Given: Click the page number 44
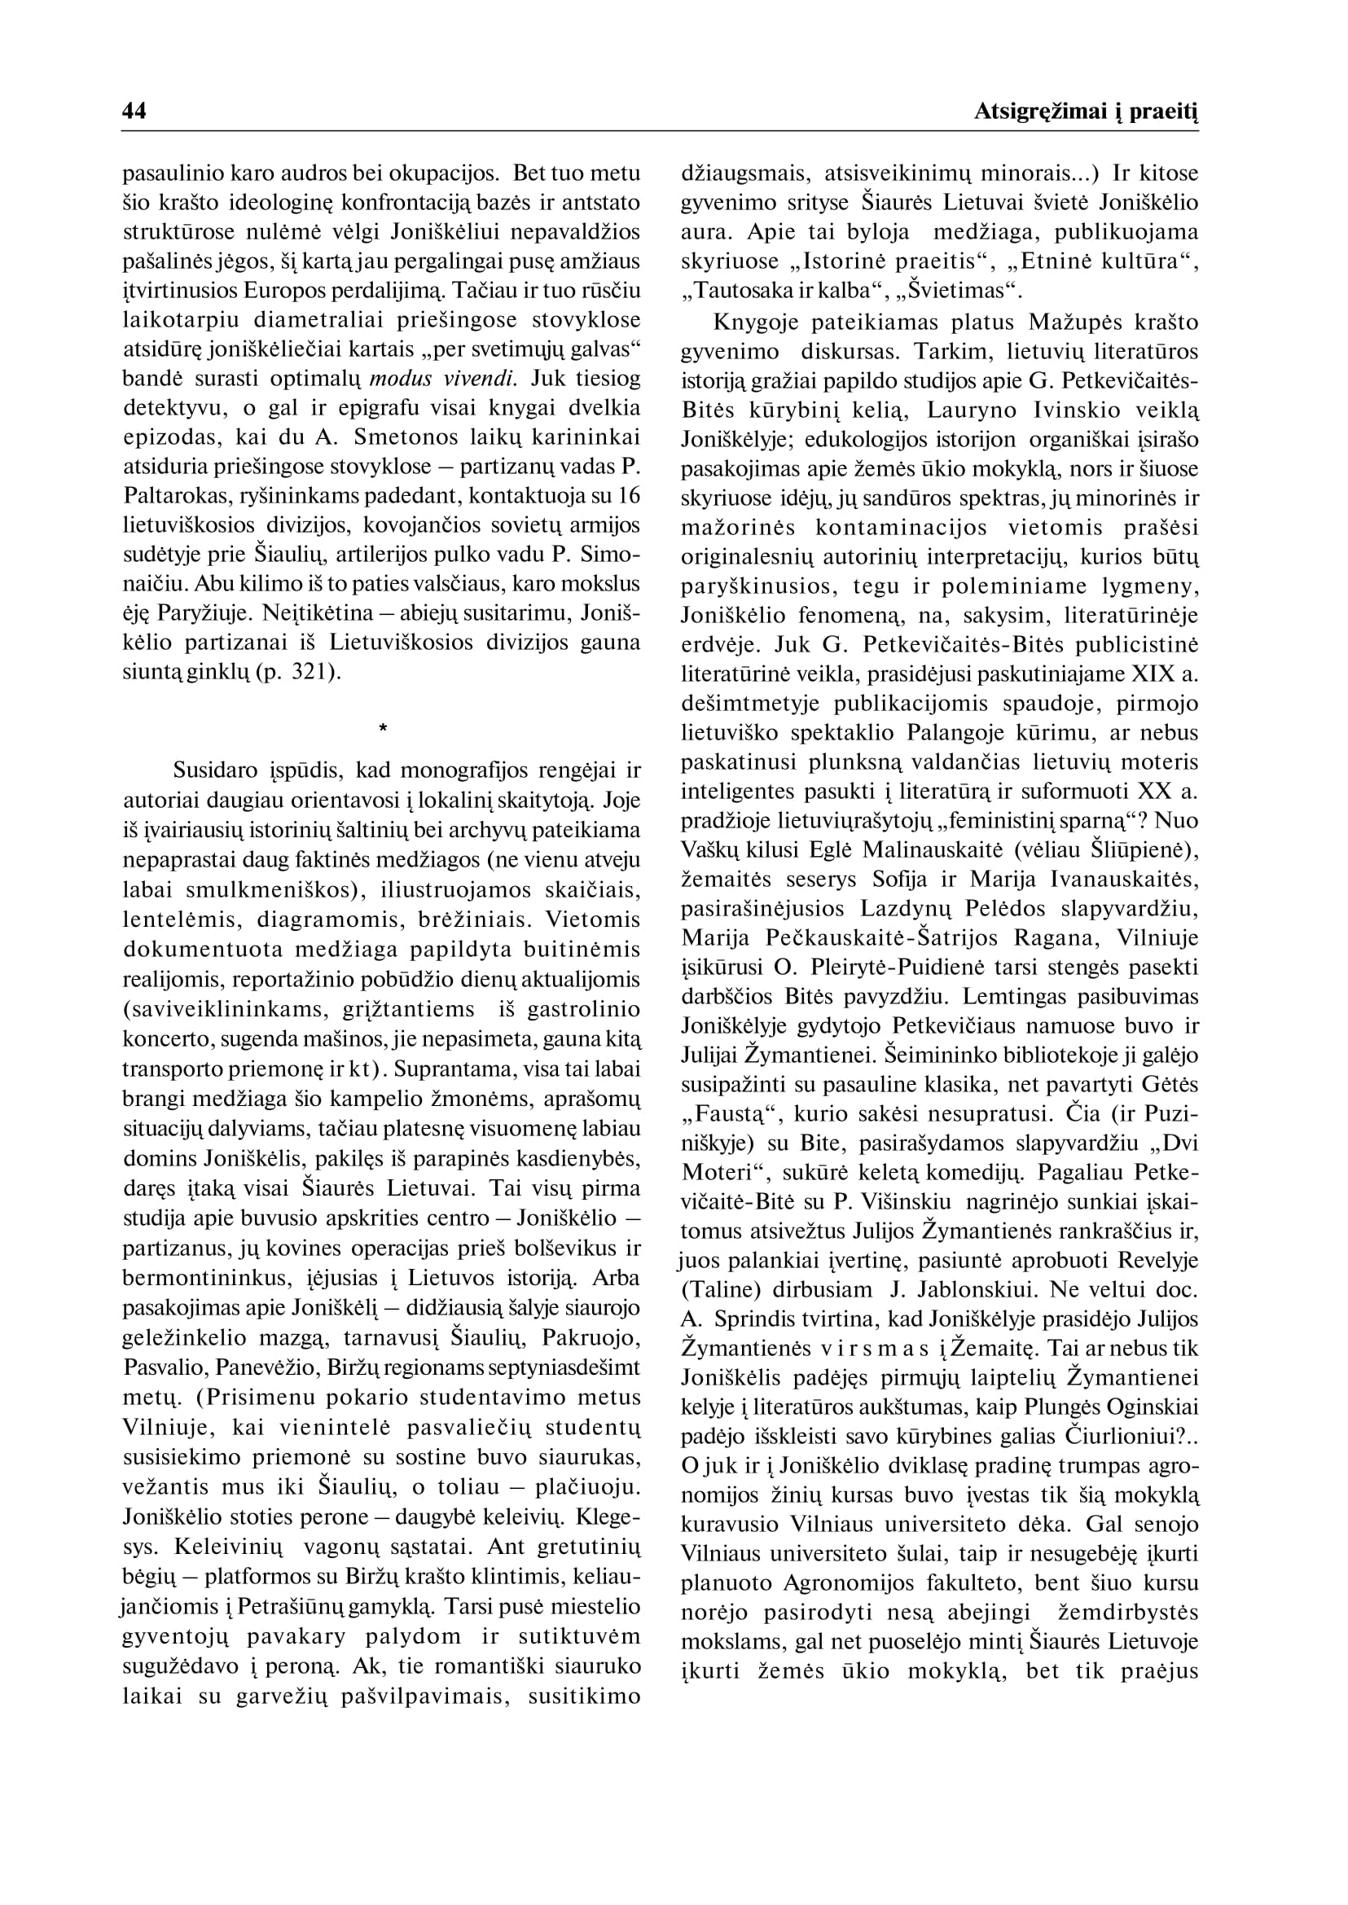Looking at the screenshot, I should pyautogui.click(x=134, y=112).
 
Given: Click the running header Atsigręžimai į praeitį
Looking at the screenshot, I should pyautogui.click(x=1087, y=112).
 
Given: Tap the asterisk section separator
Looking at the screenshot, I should pyautogui.click(x=382, y=729).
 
